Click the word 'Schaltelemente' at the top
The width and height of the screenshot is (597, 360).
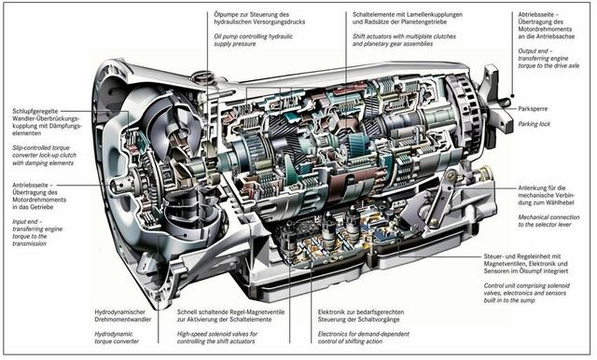(379, 15)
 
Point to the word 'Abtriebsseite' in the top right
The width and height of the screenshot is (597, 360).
(538, 15)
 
